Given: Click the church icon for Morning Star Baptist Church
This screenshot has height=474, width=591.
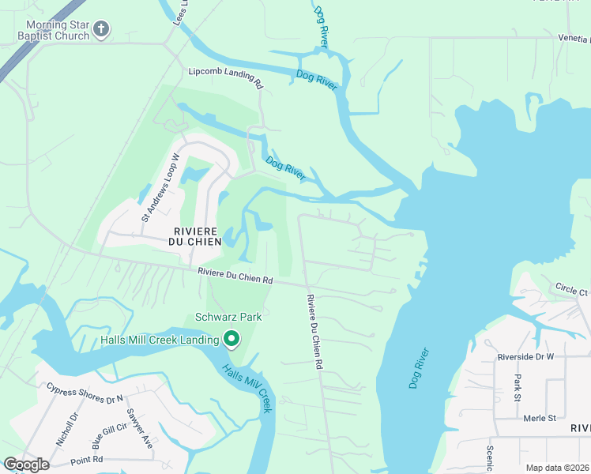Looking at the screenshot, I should (x=100, y=30).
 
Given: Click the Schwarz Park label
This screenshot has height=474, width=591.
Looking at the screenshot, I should (x=228, y=317).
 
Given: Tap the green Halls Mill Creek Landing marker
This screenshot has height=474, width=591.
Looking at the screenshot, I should (x=232, y=339).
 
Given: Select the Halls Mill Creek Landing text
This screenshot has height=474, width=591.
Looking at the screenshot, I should (x=160, y=340).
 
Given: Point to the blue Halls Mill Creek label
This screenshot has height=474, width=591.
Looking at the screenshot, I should (x=246, y=388).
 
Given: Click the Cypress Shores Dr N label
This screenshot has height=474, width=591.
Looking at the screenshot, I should (x=85, y=393).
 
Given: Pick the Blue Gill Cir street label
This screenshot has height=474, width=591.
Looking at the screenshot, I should (x=108, y=435).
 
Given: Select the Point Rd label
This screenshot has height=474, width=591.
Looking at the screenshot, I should (x=87, y=459).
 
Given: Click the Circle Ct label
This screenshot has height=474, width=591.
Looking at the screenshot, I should (x=571, y=289).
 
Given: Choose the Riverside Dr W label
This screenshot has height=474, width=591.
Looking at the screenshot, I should (x=527, y=356).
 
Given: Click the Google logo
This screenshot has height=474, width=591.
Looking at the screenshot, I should (x=26, y=465).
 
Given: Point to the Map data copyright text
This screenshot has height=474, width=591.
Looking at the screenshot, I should (x=557, y=468).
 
